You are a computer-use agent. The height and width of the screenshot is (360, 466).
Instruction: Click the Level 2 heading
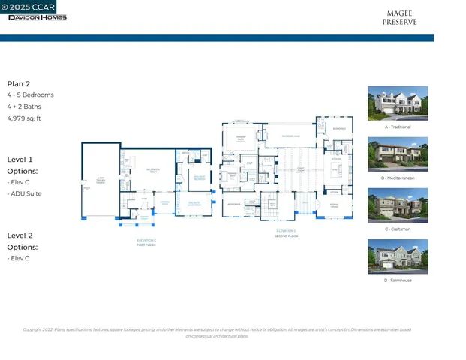coord(20,235)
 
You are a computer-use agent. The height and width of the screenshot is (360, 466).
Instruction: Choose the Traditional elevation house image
coord(397,103)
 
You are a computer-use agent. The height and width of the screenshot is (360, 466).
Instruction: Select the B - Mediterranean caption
coord(397,178)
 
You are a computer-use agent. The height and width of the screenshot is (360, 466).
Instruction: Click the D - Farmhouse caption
coord(397,280)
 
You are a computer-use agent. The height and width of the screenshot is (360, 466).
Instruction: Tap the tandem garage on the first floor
coord(100,181)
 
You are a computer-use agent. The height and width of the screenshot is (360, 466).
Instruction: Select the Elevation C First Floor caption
coord(146,241)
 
